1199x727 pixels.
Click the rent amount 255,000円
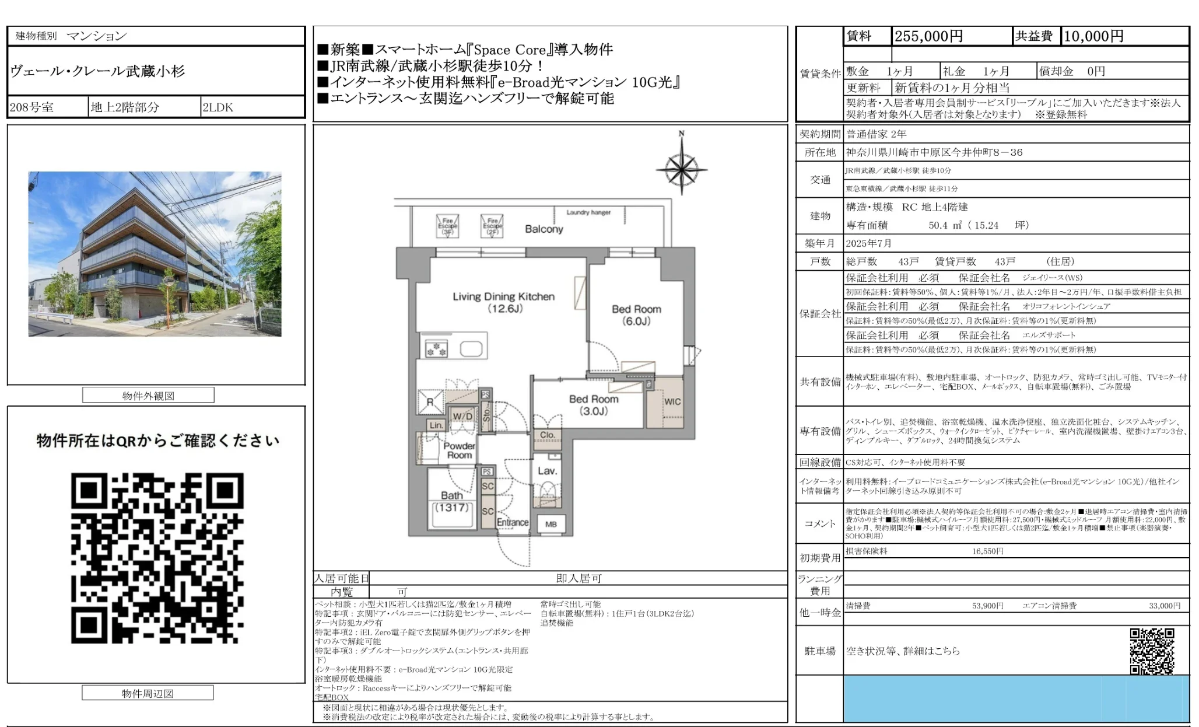(928, 36)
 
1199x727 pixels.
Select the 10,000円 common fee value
(1093, 36)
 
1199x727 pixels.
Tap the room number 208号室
(32, 107)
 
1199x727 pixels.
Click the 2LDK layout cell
(218, 107)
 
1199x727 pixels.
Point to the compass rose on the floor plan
(681, 170)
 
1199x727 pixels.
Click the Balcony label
(544, 229)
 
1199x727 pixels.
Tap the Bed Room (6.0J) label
(636, 315)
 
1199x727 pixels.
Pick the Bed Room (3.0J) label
(594, 405)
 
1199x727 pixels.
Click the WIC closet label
(672, 401)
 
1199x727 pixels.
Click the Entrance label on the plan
(513, 523)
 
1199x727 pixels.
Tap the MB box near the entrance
(551, 524)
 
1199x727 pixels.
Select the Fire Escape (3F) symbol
(447, 226)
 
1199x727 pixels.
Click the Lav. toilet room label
(547, 471)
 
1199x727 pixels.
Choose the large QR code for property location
(157, 558)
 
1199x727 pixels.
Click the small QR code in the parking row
(1152, 651)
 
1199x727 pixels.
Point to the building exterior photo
(155, 254)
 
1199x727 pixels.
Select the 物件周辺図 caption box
(148, 693)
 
